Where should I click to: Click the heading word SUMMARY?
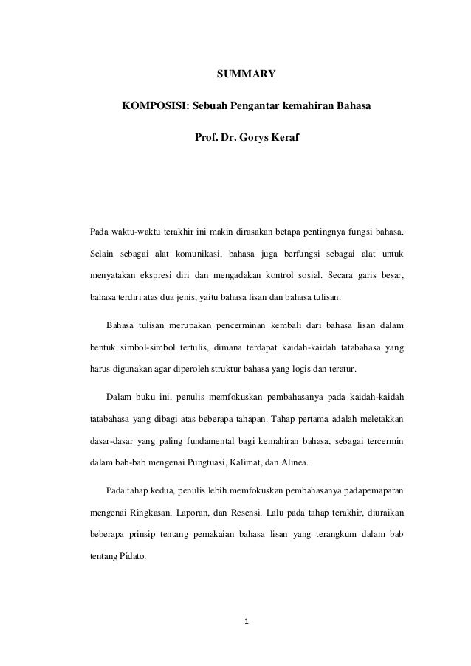pos(245,74)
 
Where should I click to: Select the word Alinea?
pos(293,463)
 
